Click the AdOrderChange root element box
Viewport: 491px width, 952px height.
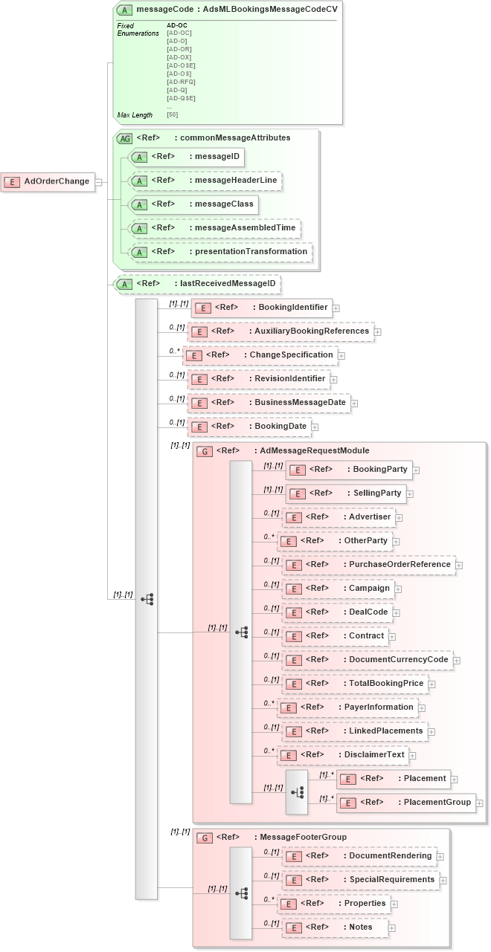point(48,181)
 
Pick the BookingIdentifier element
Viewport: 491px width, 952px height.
point(260,308)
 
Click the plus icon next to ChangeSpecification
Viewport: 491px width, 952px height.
point(341,356)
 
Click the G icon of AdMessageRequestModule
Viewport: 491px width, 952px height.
point(204,451)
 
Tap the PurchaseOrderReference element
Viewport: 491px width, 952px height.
point(368,565)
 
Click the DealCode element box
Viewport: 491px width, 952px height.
point(338,612)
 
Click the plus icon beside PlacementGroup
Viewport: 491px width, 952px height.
point(480,803)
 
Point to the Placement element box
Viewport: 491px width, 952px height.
point(394,779)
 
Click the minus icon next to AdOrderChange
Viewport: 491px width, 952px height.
point(99,181)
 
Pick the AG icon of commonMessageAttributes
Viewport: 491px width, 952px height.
point(124,138)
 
